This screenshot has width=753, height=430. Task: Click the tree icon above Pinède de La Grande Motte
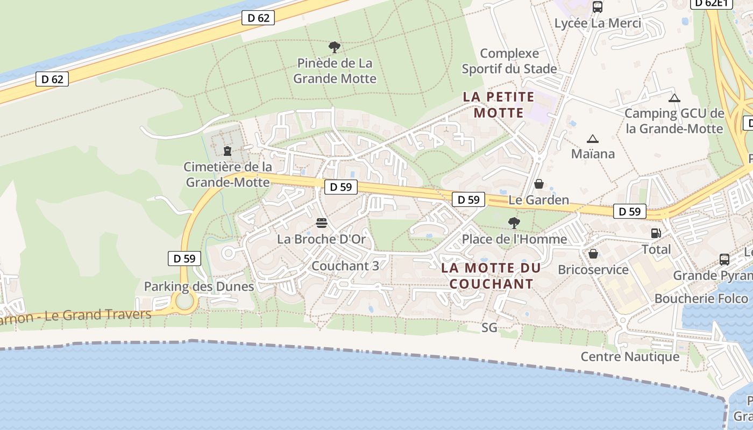tap(335, 47)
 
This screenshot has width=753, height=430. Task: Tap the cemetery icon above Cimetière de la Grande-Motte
tap(228, 151)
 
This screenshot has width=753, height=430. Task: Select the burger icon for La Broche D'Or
tap(322, 223)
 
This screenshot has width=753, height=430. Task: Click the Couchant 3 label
tap(345, 266)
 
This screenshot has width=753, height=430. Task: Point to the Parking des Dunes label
tap(198, 286)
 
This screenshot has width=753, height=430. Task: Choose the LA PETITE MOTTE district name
tap(499, 105)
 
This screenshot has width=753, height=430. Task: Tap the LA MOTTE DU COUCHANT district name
tap(491, 276)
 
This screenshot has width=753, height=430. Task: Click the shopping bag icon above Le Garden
tap(539, 184)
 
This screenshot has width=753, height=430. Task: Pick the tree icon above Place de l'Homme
tap(514, 223)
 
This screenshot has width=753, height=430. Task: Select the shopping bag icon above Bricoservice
tap(593, 254)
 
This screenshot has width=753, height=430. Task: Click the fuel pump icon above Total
tap(656, 233)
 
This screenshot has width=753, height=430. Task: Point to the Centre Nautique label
tap(630, 357)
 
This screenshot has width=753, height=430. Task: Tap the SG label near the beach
tap(489, 328)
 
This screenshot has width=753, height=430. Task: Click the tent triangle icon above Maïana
tap(593, 139)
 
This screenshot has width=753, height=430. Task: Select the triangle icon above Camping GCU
tap(674, 98)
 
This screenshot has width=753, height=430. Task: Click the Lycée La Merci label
tap(598, 24)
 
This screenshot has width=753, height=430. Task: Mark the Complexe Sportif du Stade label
tap(509, 61)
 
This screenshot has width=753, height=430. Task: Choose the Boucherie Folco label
tap(701, 299)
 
